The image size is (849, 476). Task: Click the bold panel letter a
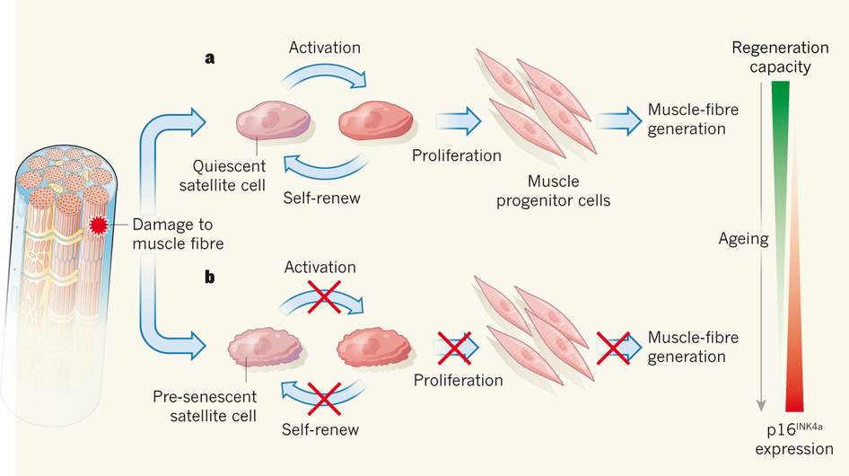[x=210, y=58]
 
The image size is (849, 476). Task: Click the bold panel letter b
[x=210, y=277]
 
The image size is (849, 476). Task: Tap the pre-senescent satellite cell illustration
[x=265, y=347]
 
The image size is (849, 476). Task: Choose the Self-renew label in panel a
[x=320, y=197]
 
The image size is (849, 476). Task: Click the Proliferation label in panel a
[x=457, y=155]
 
